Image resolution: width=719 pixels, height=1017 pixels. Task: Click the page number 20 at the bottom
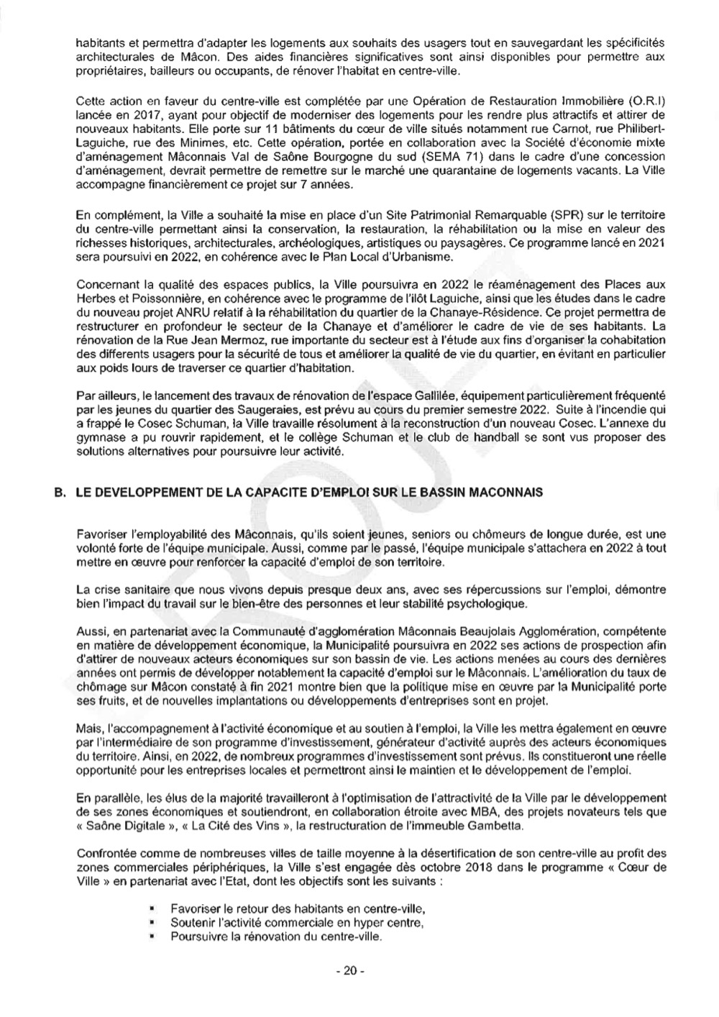click(350, 971)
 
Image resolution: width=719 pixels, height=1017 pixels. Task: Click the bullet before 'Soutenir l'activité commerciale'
click(154, 923)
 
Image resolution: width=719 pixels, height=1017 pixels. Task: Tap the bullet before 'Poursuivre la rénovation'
click(154, 936)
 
